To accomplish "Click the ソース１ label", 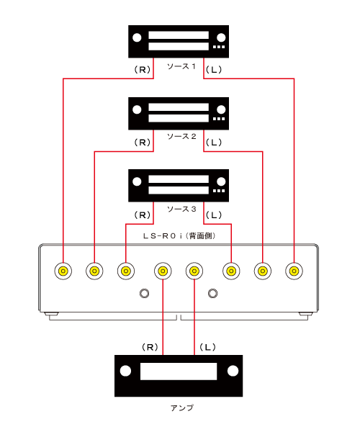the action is [x=181, y=66].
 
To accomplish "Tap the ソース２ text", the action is [x=181, y=136].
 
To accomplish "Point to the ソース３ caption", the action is [x=181, y=209].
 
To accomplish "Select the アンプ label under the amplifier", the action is [x=181, y=408].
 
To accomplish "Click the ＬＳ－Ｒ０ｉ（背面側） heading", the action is [x=179, y=236].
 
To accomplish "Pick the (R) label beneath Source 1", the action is [x=143, y=70].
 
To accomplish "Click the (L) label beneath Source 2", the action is [x=214, y=143].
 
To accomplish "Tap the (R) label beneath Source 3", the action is [x=143, y=215].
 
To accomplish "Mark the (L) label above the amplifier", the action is [x=207, y=347].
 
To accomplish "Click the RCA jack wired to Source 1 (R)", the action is [x=63, y=271].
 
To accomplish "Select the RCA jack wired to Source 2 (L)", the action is [x=263, y=271].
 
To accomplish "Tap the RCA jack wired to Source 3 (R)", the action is [x=126, y=271].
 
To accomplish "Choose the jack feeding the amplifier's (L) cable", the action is [x=194, y=271].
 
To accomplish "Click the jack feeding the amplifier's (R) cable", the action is [x=163, y=271].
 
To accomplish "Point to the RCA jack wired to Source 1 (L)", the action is [x=294, y=271].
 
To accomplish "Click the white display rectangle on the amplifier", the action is [x=179, y=372].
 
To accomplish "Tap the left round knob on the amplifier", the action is [x=125, y=371].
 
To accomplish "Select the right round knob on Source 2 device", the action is [x=221, y=109].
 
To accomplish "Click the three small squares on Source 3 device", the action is [x=219, y=191].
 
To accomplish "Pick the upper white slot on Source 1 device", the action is [x=179, y=35].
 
